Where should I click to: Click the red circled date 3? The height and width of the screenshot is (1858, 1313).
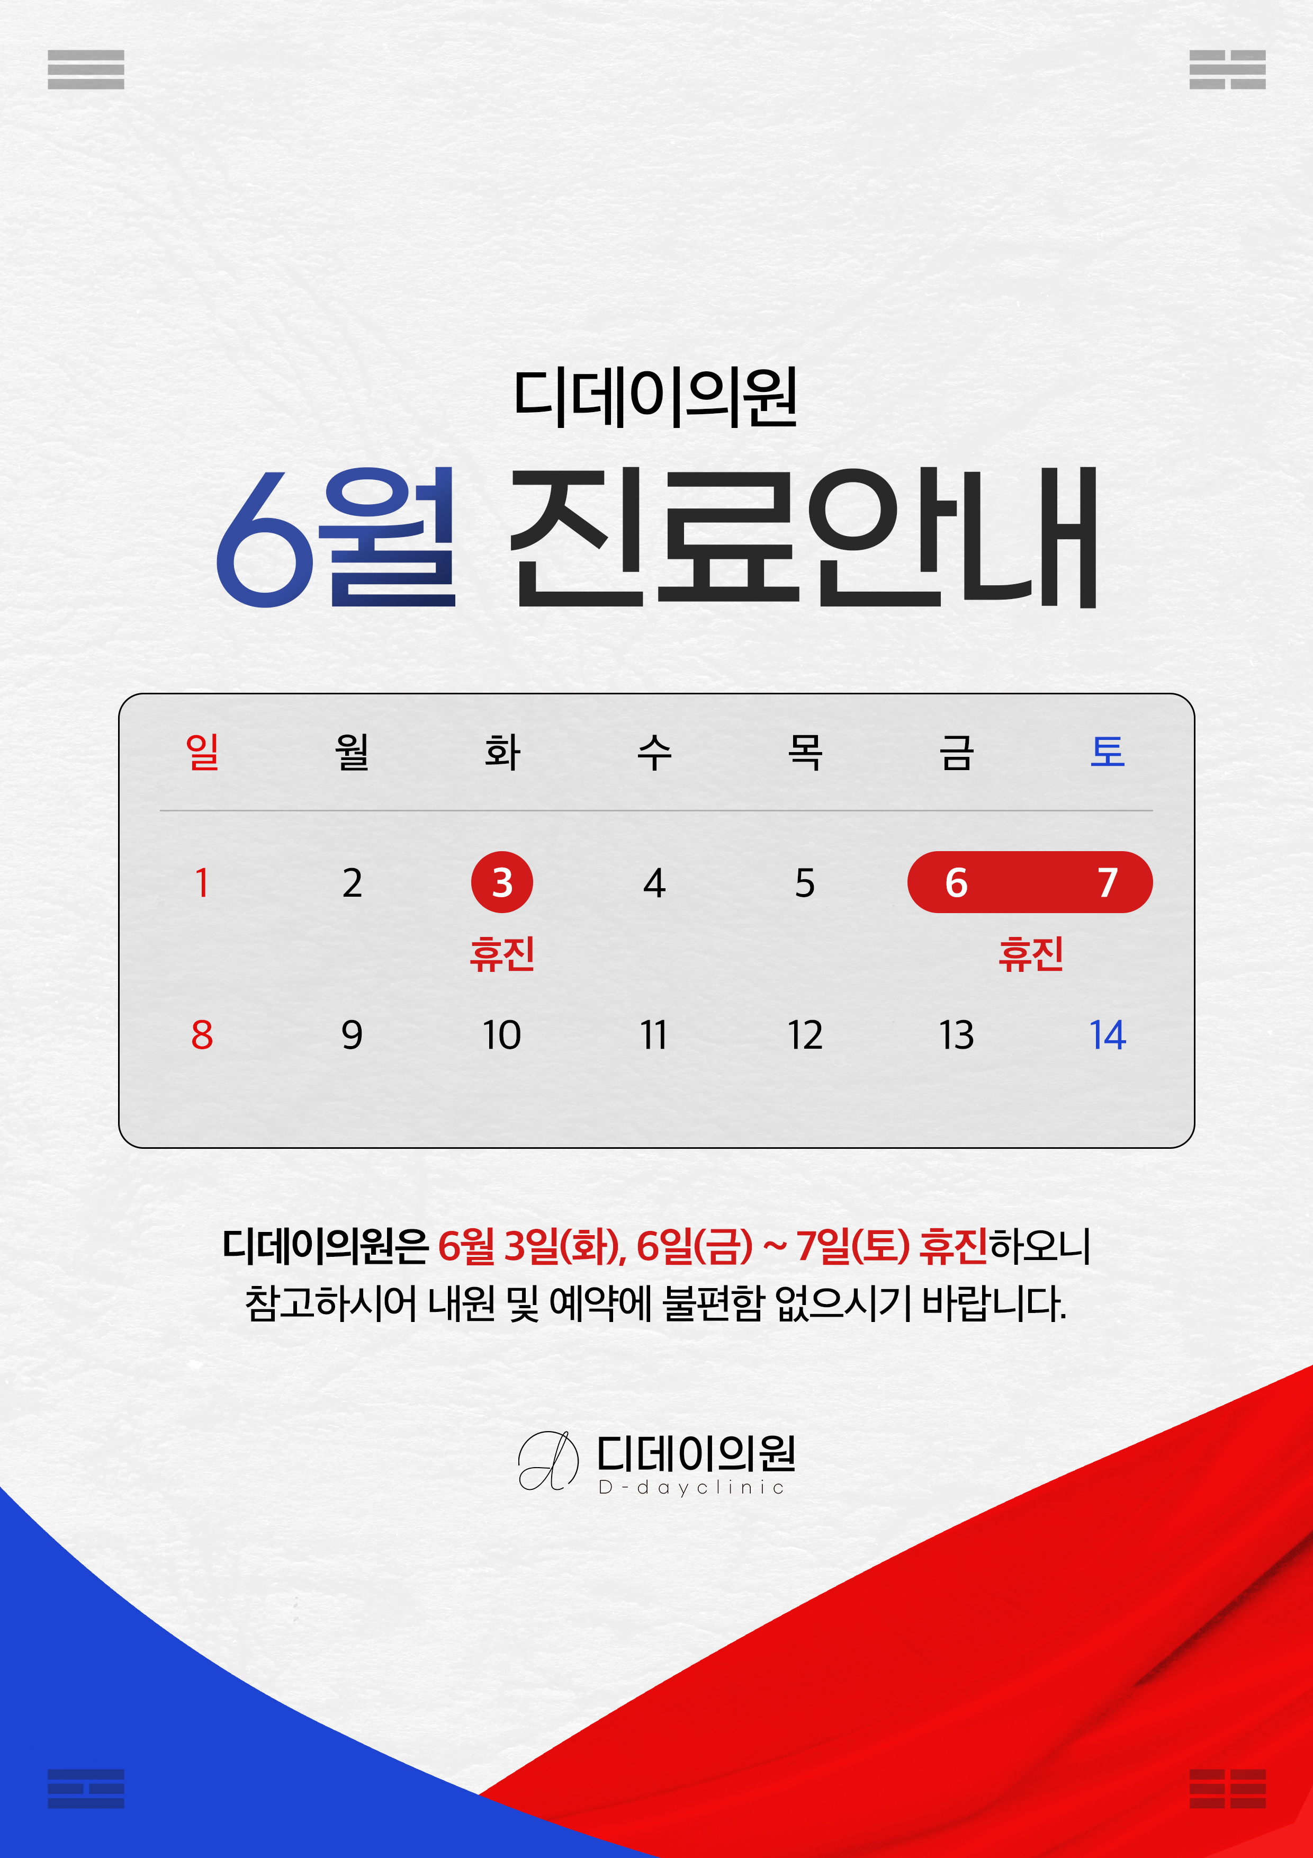(501, 882)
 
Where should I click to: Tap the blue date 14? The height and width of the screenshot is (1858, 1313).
(1108, 1035)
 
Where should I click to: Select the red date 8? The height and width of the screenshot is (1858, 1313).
(202, 1035)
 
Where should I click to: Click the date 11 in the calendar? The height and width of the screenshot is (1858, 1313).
(654, 1035)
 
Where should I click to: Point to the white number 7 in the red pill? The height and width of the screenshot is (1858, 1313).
(1108, 882)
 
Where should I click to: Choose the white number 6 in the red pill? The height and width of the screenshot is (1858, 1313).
(956, 882)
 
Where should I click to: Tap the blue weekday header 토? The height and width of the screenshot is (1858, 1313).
(1108, 752)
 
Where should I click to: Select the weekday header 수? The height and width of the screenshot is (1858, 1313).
(654, 752)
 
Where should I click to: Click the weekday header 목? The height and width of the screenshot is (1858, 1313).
(805, 752)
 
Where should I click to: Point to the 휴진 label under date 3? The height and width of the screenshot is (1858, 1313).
(501, 953)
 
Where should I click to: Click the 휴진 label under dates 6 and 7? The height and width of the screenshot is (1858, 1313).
(1031, 953)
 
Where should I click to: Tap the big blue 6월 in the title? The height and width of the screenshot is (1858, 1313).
(335, 538)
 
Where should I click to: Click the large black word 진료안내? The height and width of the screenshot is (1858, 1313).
(803, 538)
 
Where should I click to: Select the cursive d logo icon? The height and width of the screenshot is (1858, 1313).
(547, 1461)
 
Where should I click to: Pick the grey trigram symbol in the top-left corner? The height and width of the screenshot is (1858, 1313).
(86, 69)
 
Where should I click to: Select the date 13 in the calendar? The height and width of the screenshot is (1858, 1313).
(956, 1035)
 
